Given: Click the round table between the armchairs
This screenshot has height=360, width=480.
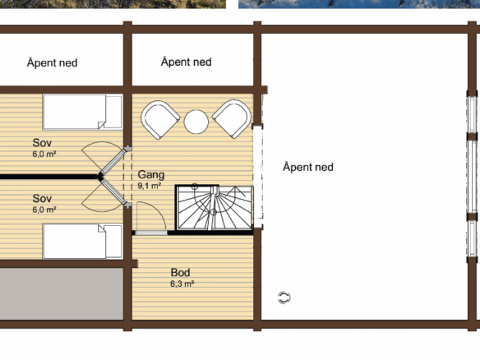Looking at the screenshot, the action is tap(196, 122).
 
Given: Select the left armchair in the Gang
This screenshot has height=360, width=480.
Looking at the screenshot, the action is tap(159, 120).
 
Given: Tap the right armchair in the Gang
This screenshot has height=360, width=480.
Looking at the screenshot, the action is tap(232, 119).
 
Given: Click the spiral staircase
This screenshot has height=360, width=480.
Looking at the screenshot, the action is tap(215, 208).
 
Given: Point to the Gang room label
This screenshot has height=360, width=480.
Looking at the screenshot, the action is tap(151, 175).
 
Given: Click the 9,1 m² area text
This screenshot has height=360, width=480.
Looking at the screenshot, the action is tap(150, 186).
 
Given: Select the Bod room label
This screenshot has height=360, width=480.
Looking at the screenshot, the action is tap(180, 272).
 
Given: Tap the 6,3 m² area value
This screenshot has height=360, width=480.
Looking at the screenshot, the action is tap(182, 284).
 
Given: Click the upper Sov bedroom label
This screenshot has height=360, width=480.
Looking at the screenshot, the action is tap(42, 143).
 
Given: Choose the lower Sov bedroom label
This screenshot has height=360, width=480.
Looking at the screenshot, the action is tap(42, 198).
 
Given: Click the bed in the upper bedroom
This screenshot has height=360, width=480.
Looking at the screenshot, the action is tap(83, 112).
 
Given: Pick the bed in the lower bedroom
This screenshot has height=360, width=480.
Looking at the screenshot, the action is tap(83, 242).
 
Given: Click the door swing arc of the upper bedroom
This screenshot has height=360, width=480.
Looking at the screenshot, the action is tap(92, 147).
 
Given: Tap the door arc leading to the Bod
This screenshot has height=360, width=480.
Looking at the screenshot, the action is tap(159, 211).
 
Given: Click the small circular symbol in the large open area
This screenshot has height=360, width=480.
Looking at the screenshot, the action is tap(284, 298).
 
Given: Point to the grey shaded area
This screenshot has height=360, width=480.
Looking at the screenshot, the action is tap(62, 294).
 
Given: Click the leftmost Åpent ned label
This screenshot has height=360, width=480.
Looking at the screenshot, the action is tap(53, 62).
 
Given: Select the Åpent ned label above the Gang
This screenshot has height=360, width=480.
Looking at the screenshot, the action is tap(186, 62).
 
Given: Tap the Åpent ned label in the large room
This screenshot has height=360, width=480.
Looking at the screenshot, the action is tap(308, 167).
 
